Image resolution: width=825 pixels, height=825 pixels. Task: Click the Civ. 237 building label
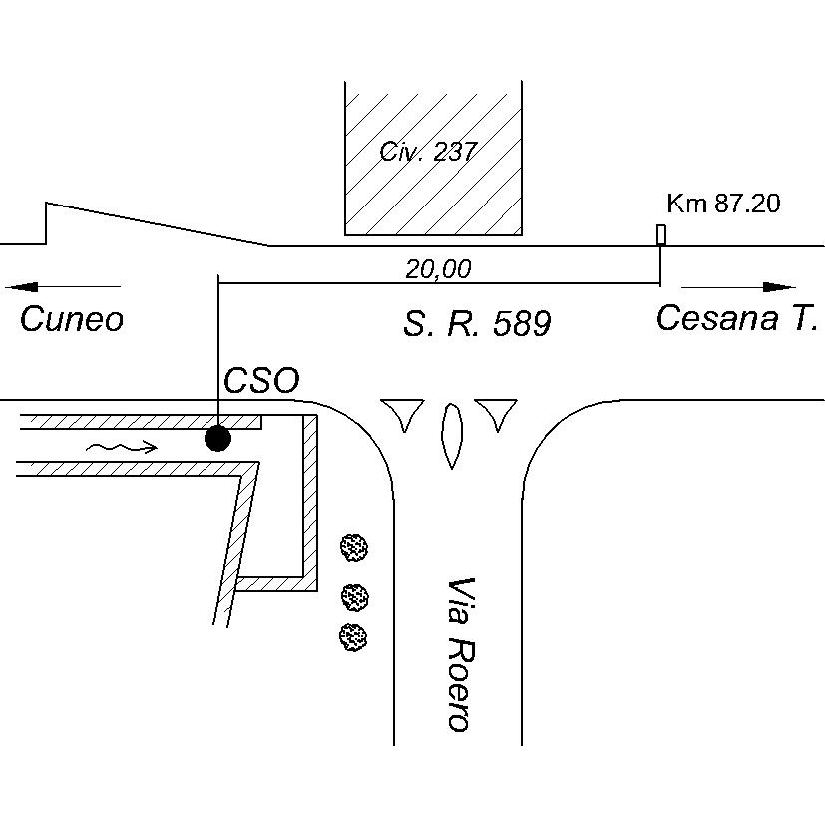point(428,152)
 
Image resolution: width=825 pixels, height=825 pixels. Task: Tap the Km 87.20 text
point(723,204)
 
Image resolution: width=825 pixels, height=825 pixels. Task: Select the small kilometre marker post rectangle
point(660,235)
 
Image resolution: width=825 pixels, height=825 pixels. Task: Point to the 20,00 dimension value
point(438,269)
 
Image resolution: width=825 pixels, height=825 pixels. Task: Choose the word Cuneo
point(72,319)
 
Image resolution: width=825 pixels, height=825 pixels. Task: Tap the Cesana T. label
point(737,318)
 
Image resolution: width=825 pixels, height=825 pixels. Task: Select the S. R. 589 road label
point(477,323)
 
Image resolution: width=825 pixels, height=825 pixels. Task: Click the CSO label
point(261,381)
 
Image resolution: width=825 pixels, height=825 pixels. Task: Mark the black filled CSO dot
point(217,438)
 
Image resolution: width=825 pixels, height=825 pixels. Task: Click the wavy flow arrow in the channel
point(121,447)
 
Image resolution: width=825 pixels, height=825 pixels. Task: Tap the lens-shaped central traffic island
point(451,436)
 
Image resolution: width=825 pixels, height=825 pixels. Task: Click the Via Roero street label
point(458,653)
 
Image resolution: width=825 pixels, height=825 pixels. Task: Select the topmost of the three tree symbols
point(354,546)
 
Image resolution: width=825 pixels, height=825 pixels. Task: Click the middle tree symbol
point(354,597)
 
